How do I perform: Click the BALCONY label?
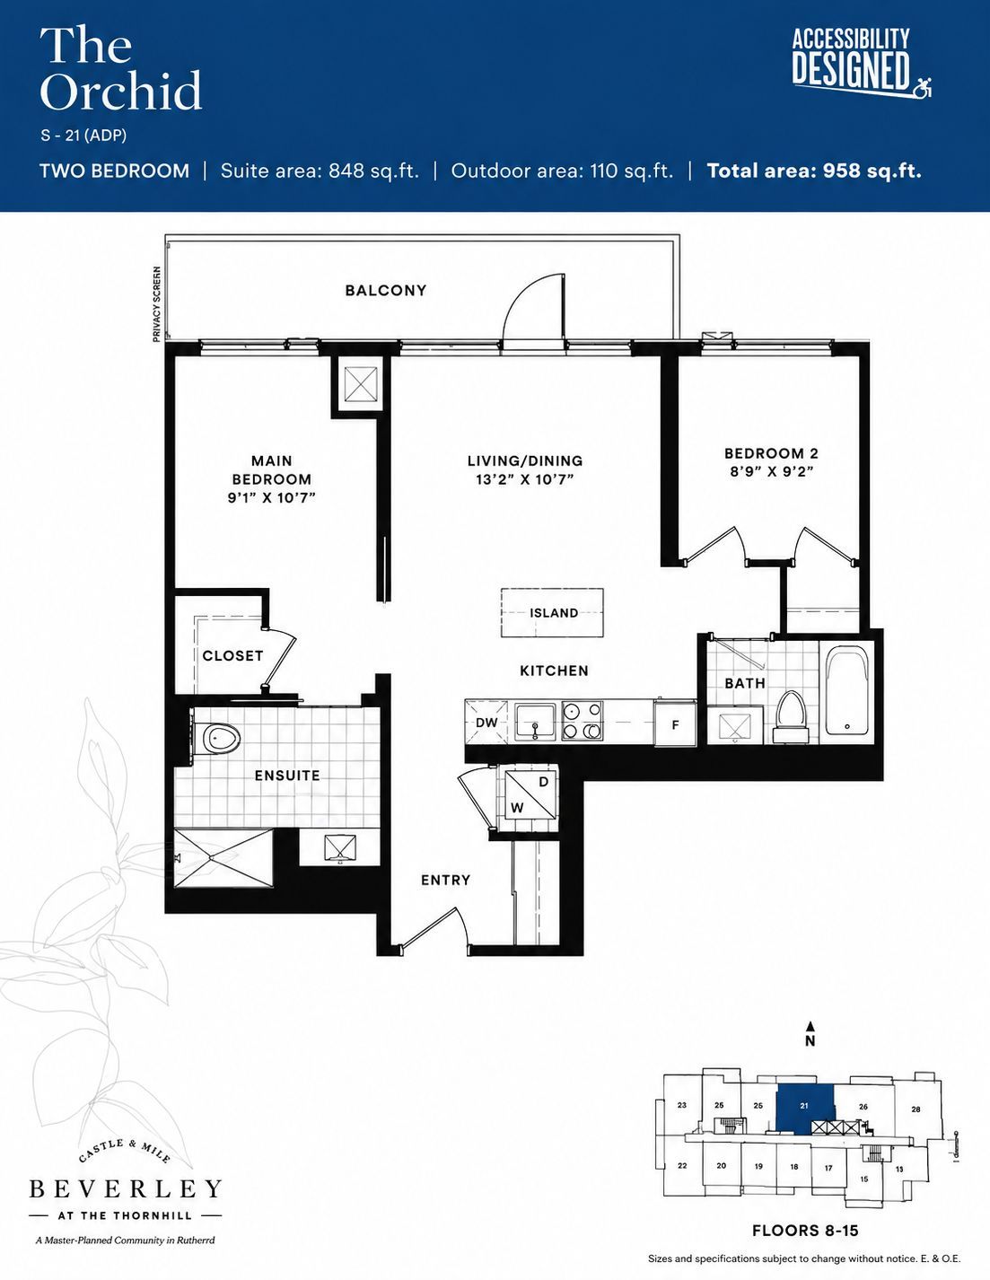point(385,291)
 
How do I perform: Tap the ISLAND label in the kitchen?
point(554,612)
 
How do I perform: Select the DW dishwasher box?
point(486,723)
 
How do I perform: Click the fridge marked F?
point(676,724)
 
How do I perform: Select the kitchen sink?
point(535,722)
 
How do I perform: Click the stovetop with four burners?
point(582,721)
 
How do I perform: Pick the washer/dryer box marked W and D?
point(530,798)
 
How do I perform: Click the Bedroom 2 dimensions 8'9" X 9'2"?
point(772,472)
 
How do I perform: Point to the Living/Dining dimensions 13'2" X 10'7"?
point(525,479)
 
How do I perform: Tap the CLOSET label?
point(232,655)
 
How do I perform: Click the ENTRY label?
point(446,880)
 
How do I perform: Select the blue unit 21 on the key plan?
point(804,1107)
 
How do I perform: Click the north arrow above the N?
point(810,1027)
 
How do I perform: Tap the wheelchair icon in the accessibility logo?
point(922,89)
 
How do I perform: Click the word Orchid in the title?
point(121,91)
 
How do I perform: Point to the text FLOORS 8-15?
point(805,1230)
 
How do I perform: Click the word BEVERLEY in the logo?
point(126,1188)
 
